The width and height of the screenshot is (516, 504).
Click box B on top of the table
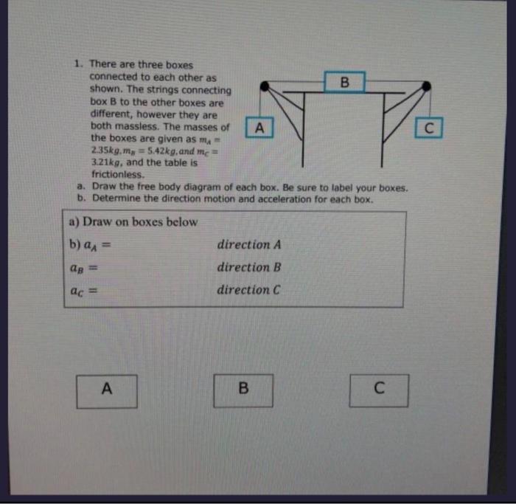click(x=344, y=80)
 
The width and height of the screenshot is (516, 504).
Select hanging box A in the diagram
click(x=259, y=128)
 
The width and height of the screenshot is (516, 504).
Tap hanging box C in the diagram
click(x=430, y=128)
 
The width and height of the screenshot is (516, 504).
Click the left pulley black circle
click(x=264, y=87)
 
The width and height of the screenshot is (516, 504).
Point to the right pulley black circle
click(x=426, y=87)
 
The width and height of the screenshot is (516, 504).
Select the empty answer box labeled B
click(x=244, y=390)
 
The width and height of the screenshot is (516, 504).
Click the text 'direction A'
click(x=248, y=245)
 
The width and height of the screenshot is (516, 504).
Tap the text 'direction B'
click(x=248, y=267)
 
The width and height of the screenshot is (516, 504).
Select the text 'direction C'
click(x=248, y=290)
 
